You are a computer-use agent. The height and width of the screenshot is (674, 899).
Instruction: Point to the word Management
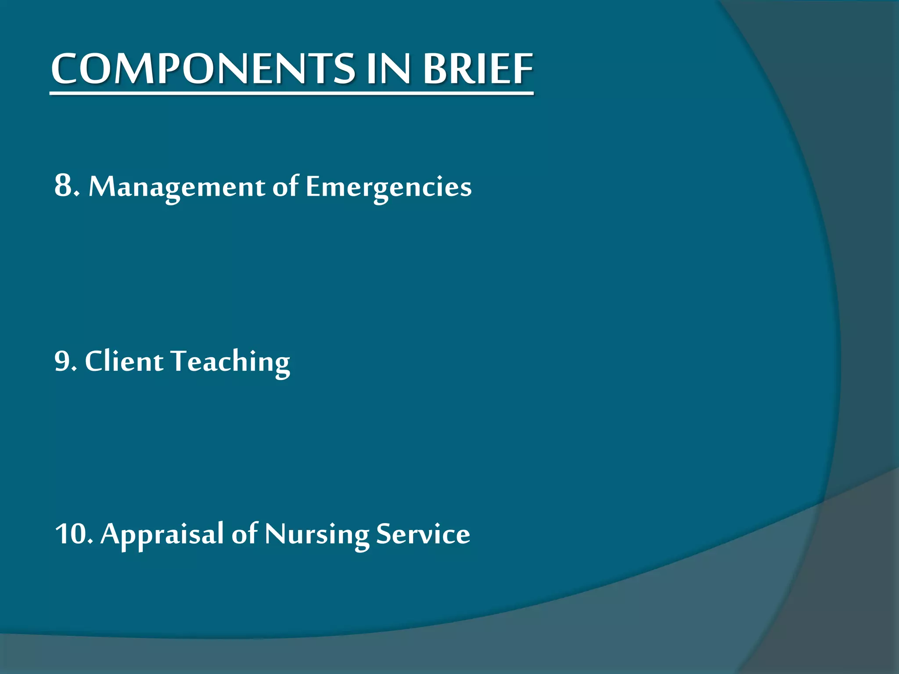(x=177, y=187)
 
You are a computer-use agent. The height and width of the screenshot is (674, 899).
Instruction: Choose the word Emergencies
(x=388, y=187)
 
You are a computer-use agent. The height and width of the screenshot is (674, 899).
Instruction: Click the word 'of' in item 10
(x=245, y=533)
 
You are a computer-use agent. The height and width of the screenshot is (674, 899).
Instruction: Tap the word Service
(x=423, y=534)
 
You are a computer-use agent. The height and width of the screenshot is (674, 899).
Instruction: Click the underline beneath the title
(x=291, y=93)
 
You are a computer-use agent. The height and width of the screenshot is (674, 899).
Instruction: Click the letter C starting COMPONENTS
(x=65, y=69)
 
